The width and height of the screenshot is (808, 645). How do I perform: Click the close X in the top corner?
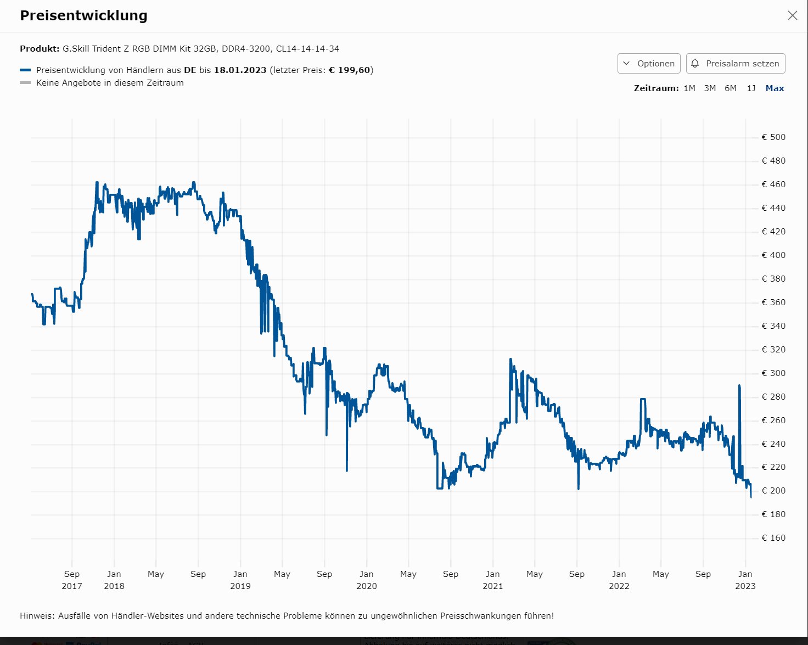coord(792,15)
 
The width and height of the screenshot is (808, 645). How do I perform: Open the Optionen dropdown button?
coord(649,63)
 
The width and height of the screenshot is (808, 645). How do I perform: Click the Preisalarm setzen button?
coord(736,63)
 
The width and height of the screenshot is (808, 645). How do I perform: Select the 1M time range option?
coord(689,88)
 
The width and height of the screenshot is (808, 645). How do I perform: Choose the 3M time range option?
coord(710,88)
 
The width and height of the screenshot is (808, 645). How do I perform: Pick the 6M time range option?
coord(731,88)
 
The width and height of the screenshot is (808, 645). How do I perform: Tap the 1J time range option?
coord(751,88)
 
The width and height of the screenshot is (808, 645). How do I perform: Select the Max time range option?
coord(775,88)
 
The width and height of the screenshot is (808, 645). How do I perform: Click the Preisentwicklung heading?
coord(83,15)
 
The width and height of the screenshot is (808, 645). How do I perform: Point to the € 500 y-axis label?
coord(773,137)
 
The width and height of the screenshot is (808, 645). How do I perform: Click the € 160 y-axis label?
coord(773,538)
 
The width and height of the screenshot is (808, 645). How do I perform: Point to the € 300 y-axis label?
coord(773,373)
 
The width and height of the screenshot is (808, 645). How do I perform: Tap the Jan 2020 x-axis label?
coord(367,580)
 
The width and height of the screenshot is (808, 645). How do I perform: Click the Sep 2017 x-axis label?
coord(72,580)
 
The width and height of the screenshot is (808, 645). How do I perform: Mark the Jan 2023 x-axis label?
coord(745,580)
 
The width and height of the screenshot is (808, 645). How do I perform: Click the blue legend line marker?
coord(25,70)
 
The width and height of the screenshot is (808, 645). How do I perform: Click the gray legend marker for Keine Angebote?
coord(25,83)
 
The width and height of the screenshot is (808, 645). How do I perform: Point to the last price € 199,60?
coord(350,70)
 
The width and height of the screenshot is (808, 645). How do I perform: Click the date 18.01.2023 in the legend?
coord(240,70)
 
